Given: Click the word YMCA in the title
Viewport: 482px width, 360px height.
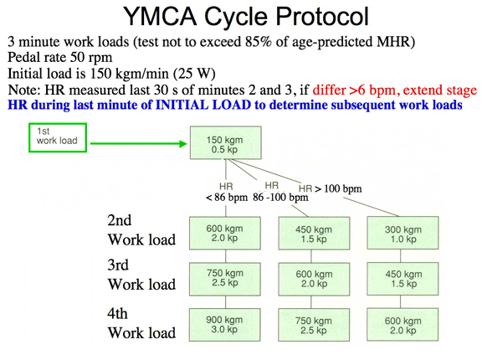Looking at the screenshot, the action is (160, 16).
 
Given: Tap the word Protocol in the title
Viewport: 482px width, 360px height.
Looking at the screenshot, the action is (322, 16).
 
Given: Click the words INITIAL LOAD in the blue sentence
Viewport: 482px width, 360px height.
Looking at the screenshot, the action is (203, 105).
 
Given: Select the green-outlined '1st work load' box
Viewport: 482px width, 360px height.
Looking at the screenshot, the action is (58, 138).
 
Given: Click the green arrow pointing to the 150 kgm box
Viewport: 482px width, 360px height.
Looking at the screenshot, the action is (139, 143).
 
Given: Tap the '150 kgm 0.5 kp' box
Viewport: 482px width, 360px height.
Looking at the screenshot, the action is (226, 142).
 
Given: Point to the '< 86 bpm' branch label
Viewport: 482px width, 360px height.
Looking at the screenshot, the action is (227, 197).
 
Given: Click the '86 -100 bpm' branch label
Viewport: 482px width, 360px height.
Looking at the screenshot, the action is (280, 197).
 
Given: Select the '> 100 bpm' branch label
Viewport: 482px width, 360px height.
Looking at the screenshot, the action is (338, 188).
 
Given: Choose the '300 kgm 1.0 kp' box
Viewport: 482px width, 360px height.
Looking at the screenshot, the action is (403, 233).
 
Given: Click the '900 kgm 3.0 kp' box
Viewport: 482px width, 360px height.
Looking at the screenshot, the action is (225, 325).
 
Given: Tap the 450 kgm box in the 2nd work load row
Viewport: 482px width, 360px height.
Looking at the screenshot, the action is (314, 233).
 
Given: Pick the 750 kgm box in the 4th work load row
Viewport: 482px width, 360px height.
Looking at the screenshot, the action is (314, 325).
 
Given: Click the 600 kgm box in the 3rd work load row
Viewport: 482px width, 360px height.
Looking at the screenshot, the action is (314, 279).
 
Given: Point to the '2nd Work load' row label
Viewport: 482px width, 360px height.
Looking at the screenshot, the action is (141, 230).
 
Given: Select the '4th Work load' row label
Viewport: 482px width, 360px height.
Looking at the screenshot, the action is (141, 323).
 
